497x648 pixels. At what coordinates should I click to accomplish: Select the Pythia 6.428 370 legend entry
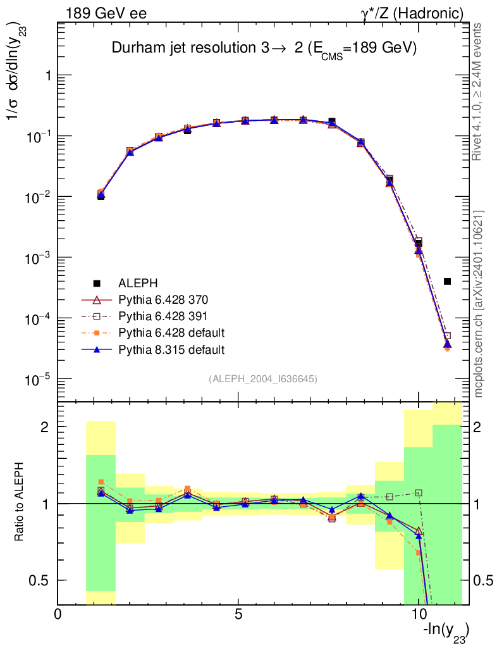pos(163,299)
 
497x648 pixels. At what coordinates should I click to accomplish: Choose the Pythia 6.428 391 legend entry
pos(163,316)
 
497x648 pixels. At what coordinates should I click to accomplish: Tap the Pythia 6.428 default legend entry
pos(171,332)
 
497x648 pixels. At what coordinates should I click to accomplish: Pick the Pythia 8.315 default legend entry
pos(171,349)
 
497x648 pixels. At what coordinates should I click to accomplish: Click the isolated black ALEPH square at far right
pos(447,281)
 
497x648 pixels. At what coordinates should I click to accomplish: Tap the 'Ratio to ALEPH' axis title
pos(20,504)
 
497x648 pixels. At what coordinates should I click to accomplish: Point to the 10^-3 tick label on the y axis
pos(37,258)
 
